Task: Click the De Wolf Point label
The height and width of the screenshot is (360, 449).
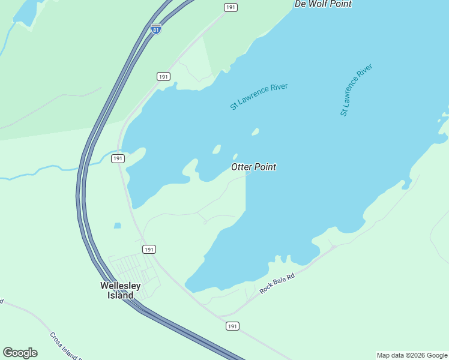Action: (323, 4)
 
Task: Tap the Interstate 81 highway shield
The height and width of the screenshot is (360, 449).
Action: (156, 29)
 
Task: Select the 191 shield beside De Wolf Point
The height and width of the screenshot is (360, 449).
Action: (231, 7)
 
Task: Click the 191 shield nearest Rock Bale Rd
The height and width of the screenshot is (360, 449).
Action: (233, 326)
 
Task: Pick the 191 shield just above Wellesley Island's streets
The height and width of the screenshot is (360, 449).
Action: (149, 249)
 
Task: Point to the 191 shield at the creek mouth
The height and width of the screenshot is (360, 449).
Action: (118, 158)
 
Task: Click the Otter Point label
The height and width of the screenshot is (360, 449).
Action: (253, 167)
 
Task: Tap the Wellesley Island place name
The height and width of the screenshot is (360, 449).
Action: (121, 290)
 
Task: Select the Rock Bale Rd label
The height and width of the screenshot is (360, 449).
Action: (278, 280)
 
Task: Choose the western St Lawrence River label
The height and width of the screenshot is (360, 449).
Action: (259, 96)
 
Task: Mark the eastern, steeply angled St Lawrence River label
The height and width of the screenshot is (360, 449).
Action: (356, 89)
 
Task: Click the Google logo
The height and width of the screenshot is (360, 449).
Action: (20, 353)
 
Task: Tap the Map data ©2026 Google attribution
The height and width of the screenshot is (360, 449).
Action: (412, 355)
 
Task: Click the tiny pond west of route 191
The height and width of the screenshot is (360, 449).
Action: (117, 226)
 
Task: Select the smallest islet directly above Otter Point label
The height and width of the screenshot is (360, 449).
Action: (235, 157)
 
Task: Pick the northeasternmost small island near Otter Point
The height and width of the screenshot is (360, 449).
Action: (255, 131)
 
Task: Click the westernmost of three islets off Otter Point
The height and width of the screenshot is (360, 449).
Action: (217, 149)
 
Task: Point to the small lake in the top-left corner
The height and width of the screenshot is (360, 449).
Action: (26, 12)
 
